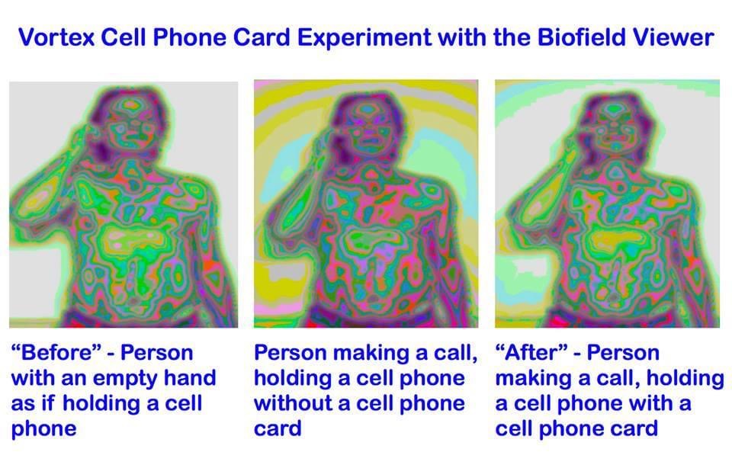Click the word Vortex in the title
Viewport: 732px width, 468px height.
56,37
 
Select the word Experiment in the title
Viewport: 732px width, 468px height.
364,38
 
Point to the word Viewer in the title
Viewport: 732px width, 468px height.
675,37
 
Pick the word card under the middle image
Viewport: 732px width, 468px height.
278,428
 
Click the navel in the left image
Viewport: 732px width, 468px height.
134,301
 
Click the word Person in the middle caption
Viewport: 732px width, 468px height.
292,352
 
